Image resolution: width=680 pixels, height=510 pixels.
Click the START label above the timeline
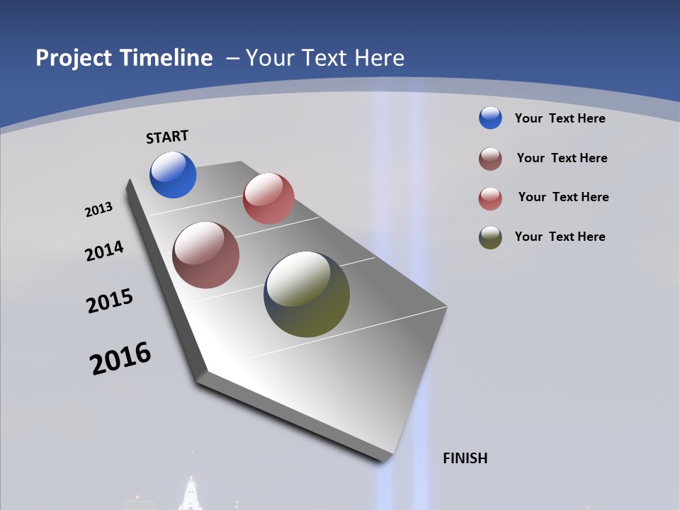point(167,137)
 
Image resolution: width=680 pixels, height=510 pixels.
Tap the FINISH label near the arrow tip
point(465,458)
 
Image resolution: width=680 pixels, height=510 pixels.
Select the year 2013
point(98,210)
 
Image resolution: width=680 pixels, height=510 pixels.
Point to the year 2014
point(104,251)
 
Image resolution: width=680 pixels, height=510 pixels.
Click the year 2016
point(120,358)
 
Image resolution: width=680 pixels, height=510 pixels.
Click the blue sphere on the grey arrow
point(173,175)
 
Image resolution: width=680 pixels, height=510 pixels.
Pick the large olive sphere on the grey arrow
point(307,294)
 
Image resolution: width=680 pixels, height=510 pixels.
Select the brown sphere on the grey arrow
point(205,255)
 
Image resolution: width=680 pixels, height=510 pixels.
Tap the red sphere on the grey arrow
point(268,198)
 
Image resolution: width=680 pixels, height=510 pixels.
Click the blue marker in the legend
point(490,118)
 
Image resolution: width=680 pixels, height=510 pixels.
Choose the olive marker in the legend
point(490,237)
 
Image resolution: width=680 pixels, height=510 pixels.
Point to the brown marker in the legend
point(490,159)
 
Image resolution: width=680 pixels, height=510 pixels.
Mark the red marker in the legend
point(490,198)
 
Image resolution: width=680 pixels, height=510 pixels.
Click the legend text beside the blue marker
point(560,118)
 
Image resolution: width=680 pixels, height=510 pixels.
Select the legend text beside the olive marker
point(560,237)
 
